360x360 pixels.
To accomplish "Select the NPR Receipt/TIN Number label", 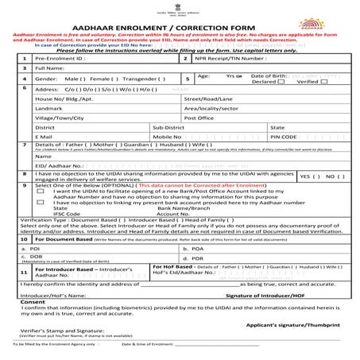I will coord(231,58).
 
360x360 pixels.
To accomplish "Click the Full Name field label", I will coord(51,69).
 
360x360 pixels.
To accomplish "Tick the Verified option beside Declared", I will coord(308,83).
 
